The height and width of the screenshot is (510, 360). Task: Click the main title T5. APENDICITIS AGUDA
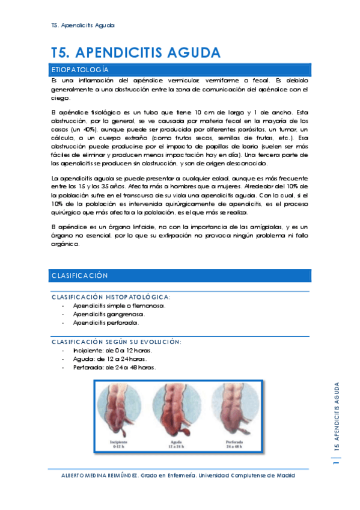(x=135, y=52)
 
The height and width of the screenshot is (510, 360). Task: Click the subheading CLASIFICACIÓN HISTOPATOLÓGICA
(x=111, y=297)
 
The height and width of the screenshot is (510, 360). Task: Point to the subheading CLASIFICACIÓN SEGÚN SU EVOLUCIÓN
(x=117, y=342)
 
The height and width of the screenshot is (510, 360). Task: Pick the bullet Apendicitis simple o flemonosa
(x=118, y=306)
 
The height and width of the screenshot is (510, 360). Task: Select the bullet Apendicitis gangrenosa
(x=108, y=314)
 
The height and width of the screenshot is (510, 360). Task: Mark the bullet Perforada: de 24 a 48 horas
(x=114, y=367)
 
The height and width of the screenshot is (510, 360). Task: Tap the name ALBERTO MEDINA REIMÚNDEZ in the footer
(x=100, y=475)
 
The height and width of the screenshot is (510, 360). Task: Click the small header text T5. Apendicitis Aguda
(x=84, y=25)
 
